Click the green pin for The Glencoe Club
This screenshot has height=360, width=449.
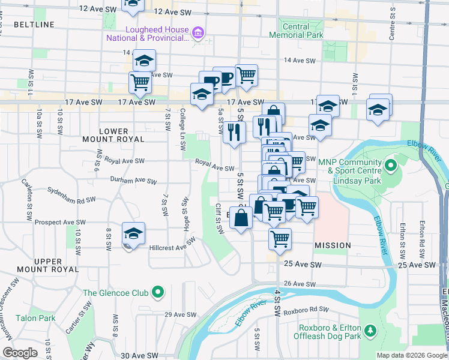pos(157,293)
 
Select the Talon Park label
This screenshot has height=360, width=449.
pos(35,318)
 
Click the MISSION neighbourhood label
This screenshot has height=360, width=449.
pos(332,245)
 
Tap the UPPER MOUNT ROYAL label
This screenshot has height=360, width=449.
pos(40,265)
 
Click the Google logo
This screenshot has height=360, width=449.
pos(19,353)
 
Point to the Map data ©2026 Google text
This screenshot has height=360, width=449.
pos(411,355)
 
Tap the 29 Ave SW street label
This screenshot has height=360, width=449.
pos(181,314)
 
